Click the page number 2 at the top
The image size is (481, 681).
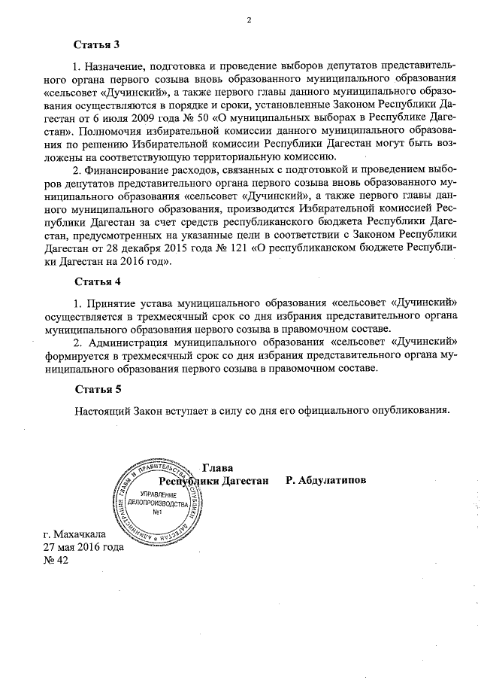click(x=248, y=21)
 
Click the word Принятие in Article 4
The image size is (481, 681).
click(x=113, y=303)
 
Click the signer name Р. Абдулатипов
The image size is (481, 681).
click(x=325, y=480)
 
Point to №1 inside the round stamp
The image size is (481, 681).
click(x=158, y=513)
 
